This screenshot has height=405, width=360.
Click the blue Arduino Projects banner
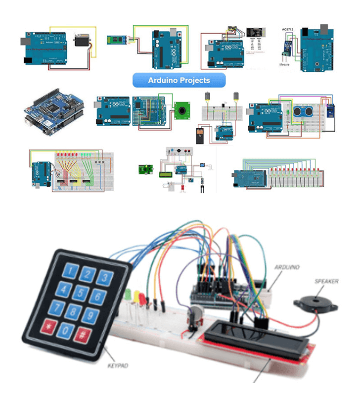pyautogui.click(x=179, y=81)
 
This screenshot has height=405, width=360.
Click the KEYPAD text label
pyautogui.click(x=118, y=366)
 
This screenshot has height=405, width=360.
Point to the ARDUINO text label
pyautogui.click(x=286, y=267)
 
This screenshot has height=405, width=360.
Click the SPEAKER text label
pyautogui.click(x=326, y=282)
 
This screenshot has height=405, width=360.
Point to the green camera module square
pyautogui.click(x=182, y=108)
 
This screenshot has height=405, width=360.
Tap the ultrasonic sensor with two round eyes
pyautogui.click(x=302, y=112)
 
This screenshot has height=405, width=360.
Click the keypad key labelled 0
pyautogui.click(x=65, y=330)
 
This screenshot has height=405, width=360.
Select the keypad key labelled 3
pyautogui.click(x=103, y=278)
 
